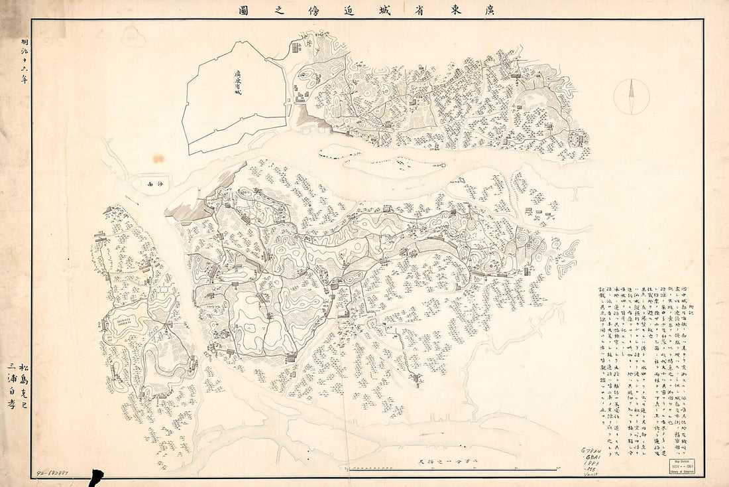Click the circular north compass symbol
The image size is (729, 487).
tap(631, 96)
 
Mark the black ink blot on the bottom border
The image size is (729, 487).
tap(96, 477)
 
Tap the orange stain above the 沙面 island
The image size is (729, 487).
tap(158, 159)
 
